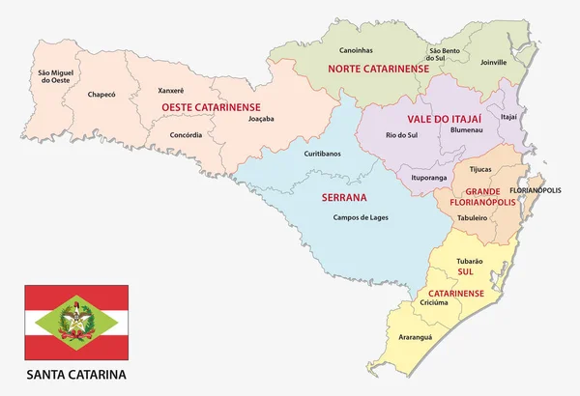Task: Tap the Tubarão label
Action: click(x=467, y=260)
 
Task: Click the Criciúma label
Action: click(x=436, y=302)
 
